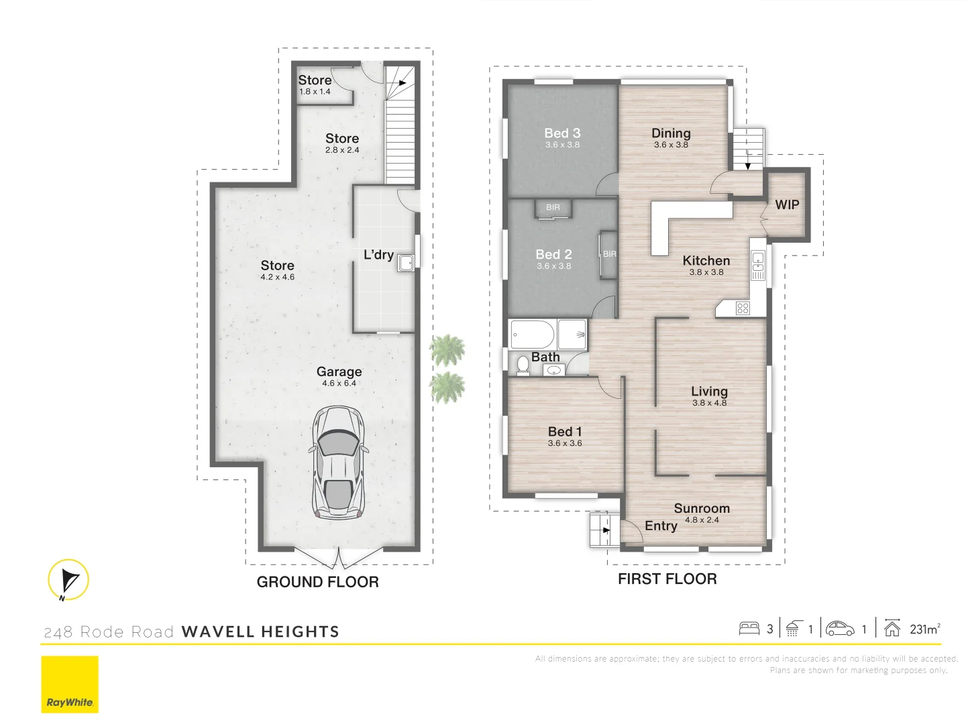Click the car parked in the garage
point(338,463)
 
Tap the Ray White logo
point(70,684)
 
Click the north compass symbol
point(68,580)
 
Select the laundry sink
point(406,262)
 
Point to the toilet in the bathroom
point(523,365)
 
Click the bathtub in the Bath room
point(532,333)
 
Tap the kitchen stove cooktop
point(742,308)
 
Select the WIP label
point(787,205)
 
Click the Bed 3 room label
point(562,133)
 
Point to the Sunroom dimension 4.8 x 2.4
point(702,520)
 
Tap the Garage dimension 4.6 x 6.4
point(339,383)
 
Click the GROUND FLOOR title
point(317,582)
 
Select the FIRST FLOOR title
point(667,579)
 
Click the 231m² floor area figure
point(924,629)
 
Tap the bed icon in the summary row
point(749,629)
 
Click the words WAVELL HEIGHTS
point(260,631)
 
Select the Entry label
point(661,526)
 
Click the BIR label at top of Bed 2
point(553,208)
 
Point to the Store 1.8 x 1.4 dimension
point(315,92)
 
